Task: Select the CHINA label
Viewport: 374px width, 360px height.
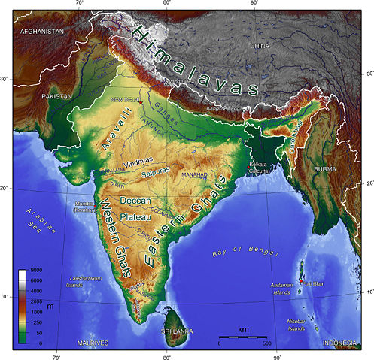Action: tap(260, 46)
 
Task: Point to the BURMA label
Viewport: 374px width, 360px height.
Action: tap(325, 170)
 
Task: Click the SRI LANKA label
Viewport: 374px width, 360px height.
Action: tap(177, 331)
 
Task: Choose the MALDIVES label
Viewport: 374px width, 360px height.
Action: tap(93, 343)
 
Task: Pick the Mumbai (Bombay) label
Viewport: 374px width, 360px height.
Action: tap(84, 206)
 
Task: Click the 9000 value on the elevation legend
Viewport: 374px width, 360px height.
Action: tap(35, 270)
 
